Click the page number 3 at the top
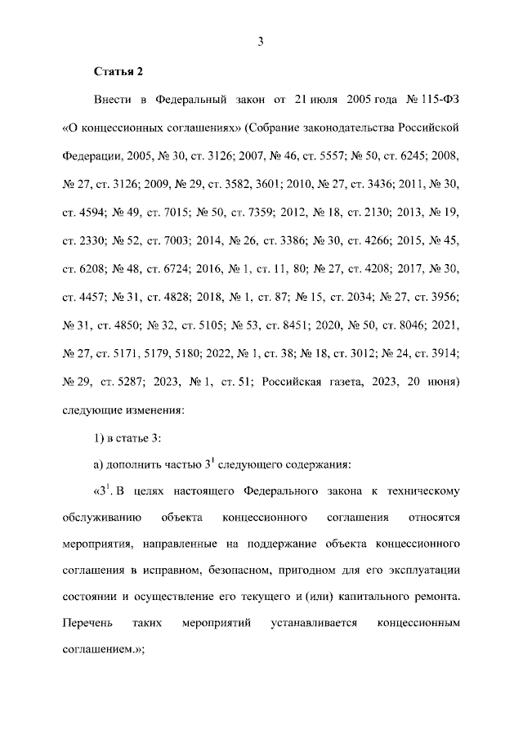pyautogui.click(x=260, y=42)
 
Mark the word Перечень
pyautogui.click(x=86, y=623)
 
